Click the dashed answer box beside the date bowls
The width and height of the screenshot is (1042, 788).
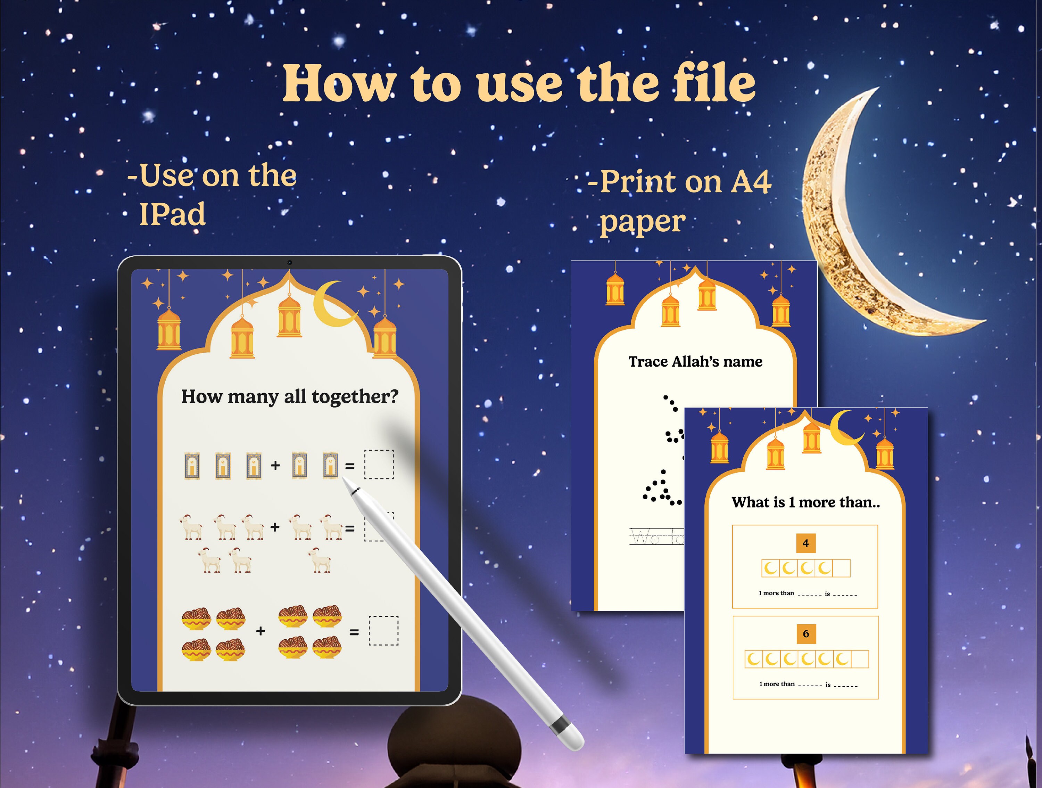(x=383, y=631)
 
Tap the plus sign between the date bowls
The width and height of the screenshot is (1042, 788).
(x=260, y=631)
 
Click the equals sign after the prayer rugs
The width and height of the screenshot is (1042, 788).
(x=349, y=466)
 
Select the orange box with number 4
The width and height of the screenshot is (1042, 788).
(x=805, y=543)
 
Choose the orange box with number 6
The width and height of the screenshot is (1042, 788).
(x=805, y=634)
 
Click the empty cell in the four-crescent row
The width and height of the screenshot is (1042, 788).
(x=841, y=568)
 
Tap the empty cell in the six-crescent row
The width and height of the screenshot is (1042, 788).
(x=860, y=659)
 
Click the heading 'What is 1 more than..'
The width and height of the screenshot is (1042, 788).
(x=805, y=502)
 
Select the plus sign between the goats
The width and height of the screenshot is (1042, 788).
(x=275, y=527)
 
